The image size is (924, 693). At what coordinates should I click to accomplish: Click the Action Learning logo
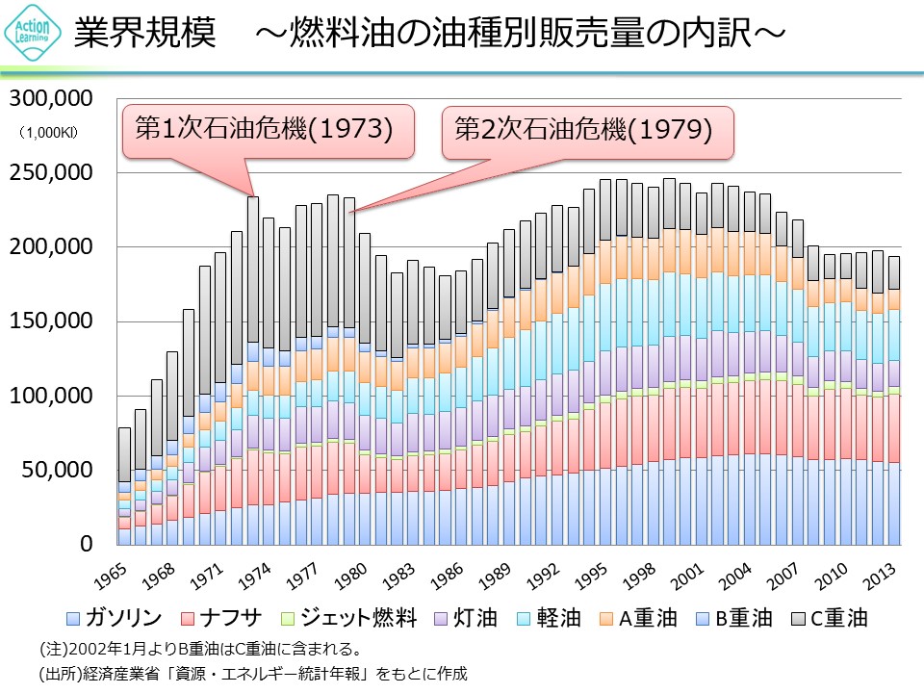pyautogui.click(x=33, y=35)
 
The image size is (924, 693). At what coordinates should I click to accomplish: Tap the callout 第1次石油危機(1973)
pyautogui.click(x=264, y=129)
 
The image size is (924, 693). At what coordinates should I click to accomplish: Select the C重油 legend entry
pyautogui.click(x=838, y=617)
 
